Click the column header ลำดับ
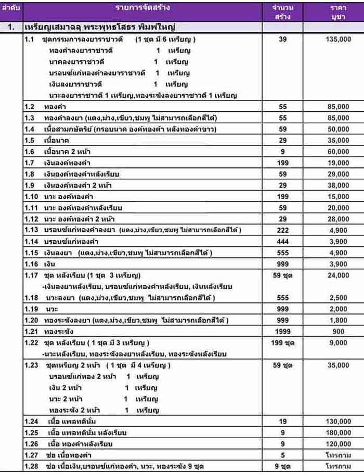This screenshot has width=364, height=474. [11, 8]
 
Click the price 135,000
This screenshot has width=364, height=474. [339, 39]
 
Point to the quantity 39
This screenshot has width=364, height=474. [283, 39]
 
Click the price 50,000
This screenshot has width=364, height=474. [339, 128]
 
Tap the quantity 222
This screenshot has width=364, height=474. [283, 230]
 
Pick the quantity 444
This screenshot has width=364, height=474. [283, 241]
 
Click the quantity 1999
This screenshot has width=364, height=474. [283, 331]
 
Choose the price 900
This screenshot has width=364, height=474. [339, 331]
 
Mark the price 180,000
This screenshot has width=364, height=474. [339, 432]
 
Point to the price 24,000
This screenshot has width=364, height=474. [339, 275]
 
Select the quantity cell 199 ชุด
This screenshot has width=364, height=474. [283, 343]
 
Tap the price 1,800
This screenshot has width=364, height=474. [339, 320]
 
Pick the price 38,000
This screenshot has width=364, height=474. [339, 185]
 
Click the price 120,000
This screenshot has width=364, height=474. [339, 443]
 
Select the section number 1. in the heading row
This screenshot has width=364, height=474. [11, 26]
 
